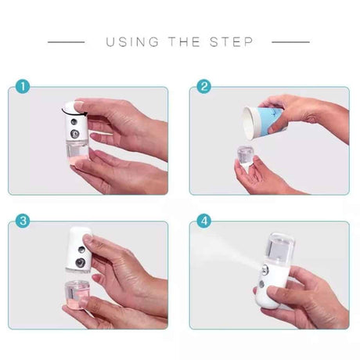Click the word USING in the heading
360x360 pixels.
[131, 41]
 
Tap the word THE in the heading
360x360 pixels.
[185, 41]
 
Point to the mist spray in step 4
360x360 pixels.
[227, 254]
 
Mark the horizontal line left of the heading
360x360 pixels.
[66, 41]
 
